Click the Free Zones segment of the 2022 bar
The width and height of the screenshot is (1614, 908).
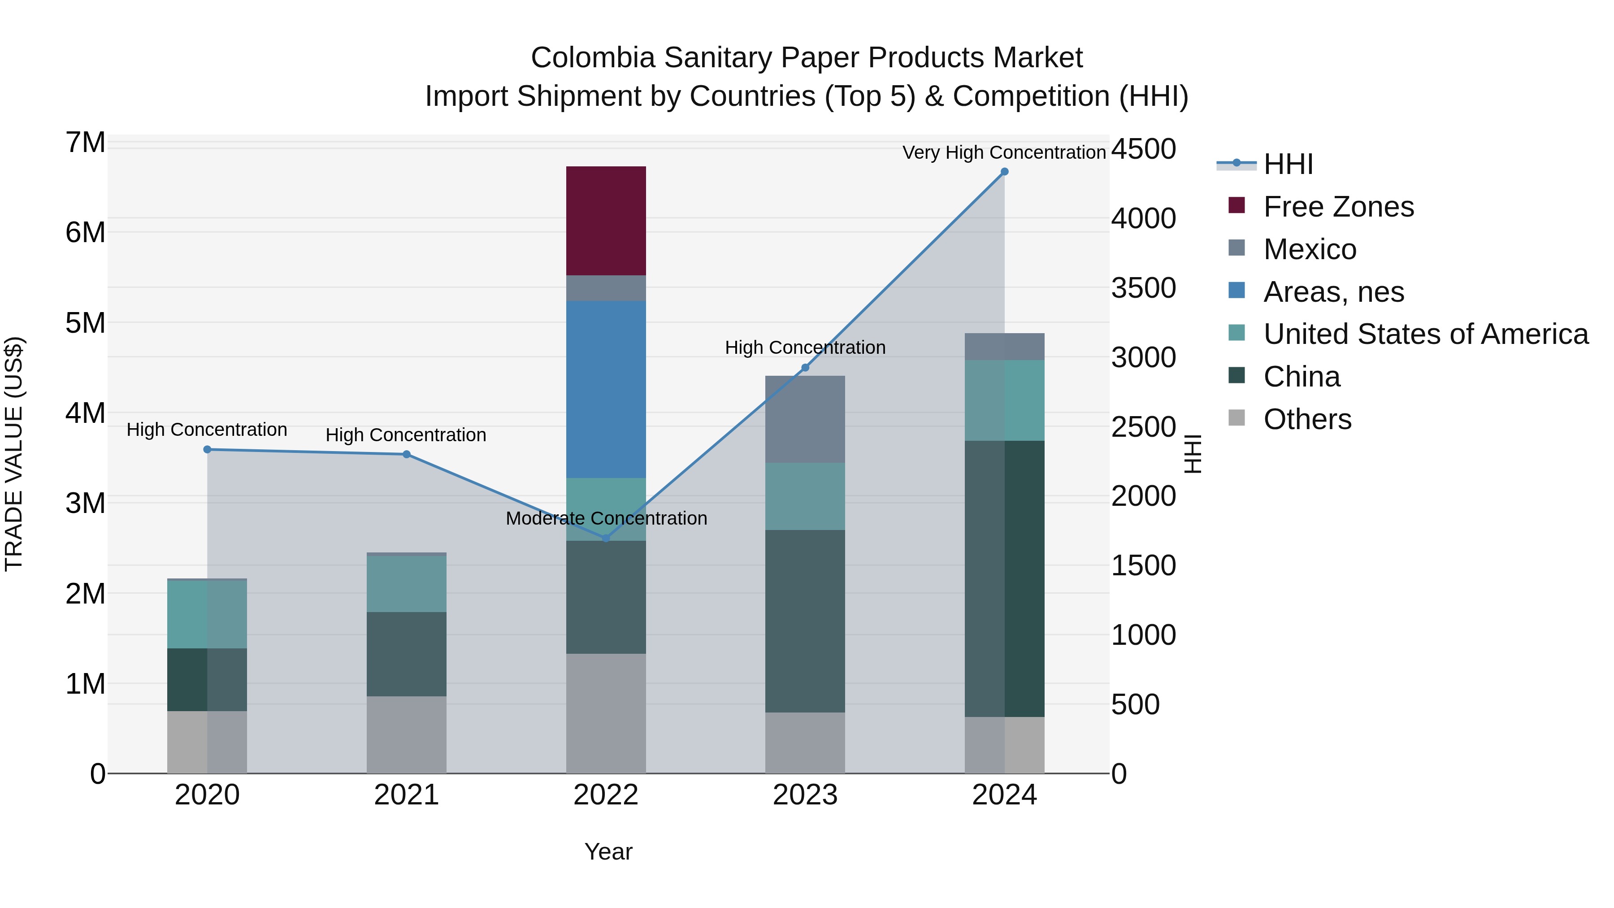coord(605,221)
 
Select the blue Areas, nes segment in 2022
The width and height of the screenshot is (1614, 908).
coord(605,388)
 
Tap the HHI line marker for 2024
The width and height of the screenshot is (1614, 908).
coord(1004,172)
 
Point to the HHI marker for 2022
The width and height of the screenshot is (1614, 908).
coord(605,538)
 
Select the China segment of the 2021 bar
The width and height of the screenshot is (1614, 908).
coord(406,654)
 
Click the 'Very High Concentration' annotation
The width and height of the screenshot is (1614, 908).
coord(1004,152)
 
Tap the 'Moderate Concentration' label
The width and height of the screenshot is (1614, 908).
coord(606,518)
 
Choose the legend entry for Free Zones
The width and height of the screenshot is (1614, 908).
coord(1338,207)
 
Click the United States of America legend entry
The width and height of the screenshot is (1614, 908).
coord(1425,334)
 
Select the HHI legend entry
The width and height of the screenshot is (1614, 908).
coord(1288,164)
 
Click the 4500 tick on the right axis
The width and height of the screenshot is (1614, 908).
coord(1143,149)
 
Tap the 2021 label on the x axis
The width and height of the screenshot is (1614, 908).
coord(406,795)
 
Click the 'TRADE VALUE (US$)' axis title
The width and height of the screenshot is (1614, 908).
coord(14,454)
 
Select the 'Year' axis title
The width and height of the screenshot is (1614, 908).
coord(608,852)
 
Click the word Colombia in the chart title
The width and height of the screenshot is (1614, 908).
coord(592,58)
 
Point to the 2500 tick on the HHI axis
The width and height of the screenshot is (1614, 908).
coord(1143,427)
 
